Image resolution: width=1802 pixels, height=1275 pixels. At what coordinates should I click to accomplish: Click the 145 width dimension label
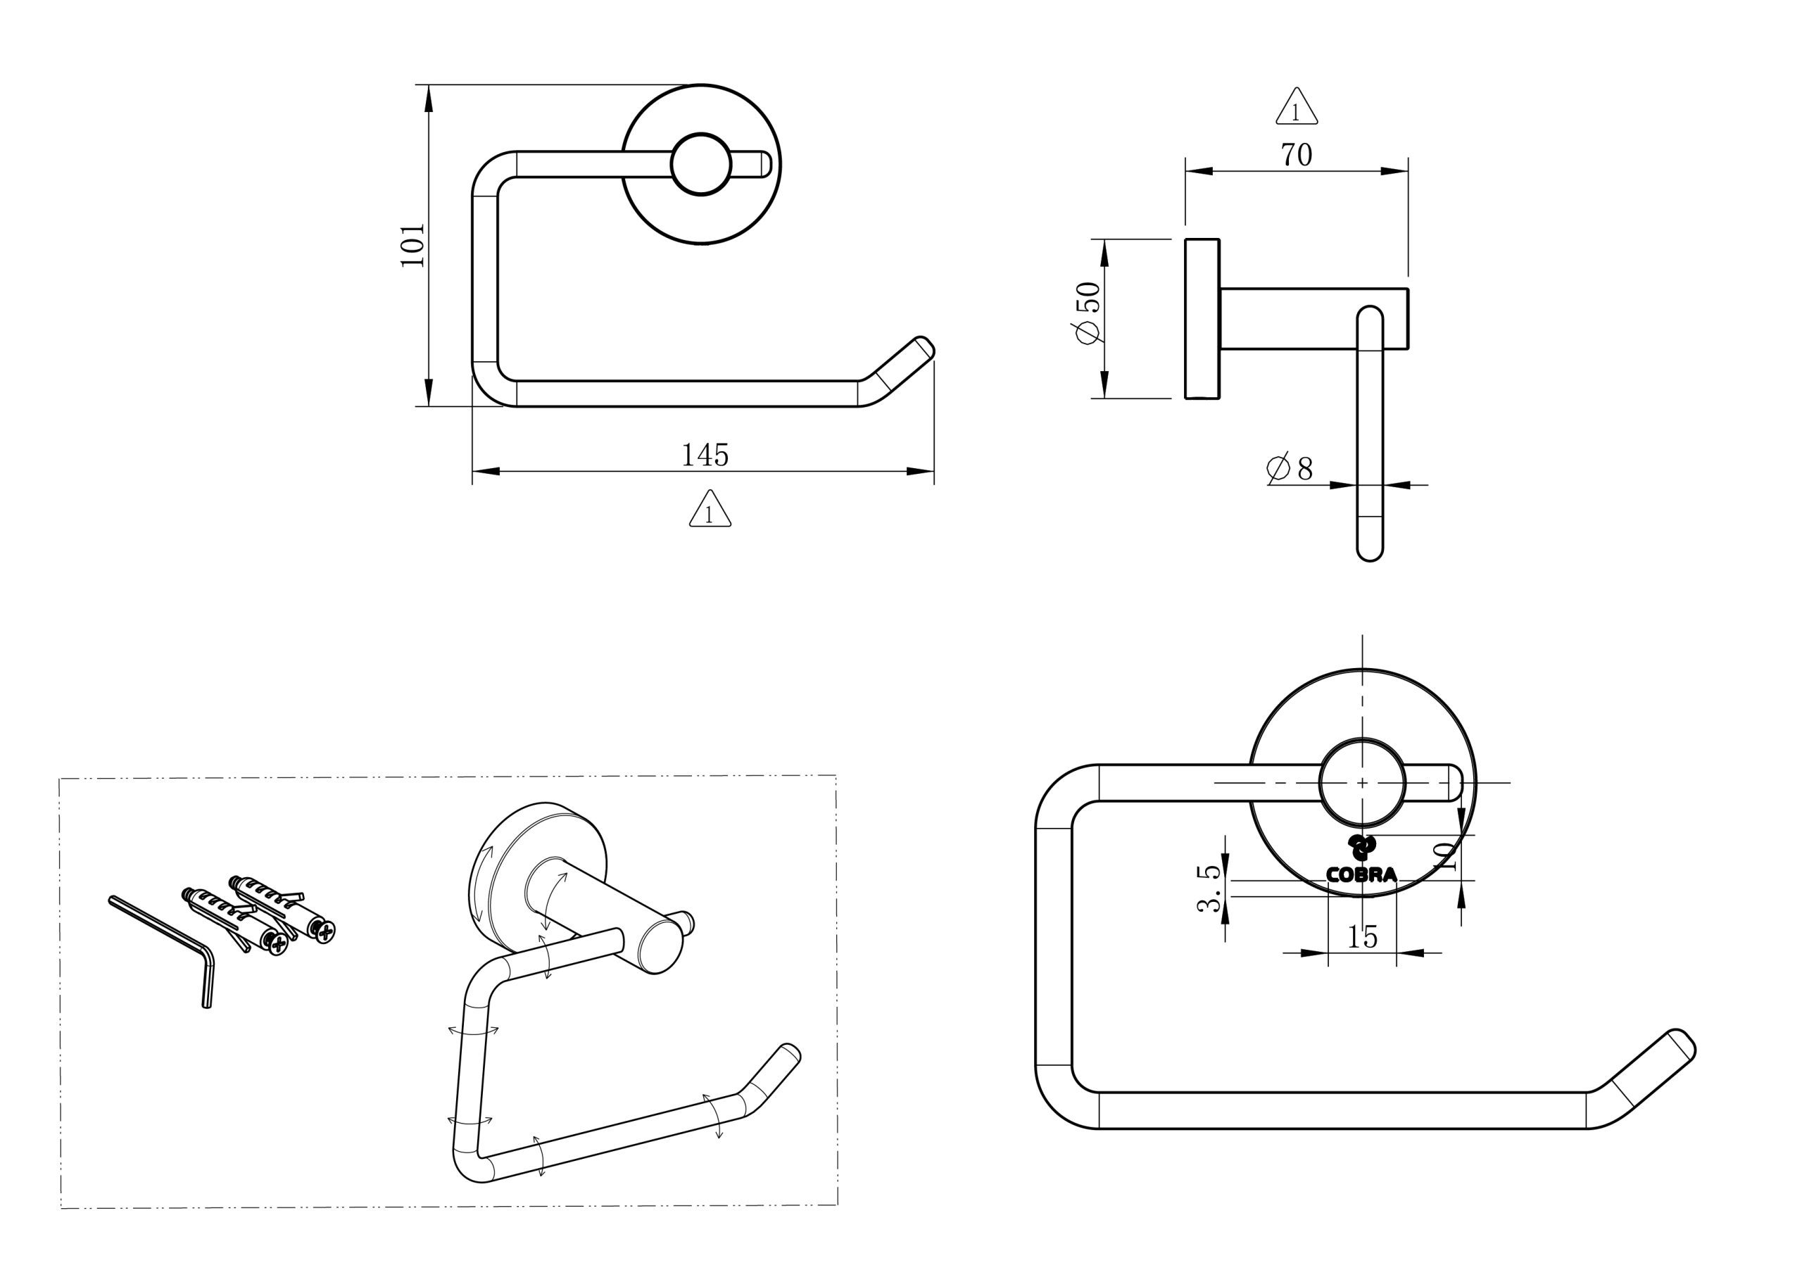[x=705, y=456]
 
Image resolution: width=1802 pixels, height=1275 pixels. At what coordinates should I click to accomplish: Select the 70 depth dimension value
[x=1297, y=156]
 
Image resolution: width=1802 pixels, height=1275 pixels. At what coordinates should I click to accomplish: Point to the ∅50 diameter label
[x=1088, y=312]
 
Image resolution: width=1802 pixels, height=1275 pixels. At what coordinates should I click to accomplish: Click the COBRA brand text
[x=1361, y=874]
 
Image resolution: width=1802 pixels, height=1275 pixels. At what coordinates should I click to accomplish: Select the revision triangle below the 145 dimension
[x=710, y=510]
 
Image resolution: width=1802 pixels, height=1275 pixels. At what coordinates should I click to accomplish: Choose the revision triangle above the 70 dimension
[x=1297, y=108]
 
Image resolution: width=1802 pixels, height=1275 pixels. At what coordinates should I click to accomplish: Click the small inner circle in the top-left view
[x=701, y=164]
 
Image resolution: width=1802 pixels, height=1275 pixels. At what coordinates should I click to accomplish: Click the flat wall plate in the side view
[x=1202, y=319]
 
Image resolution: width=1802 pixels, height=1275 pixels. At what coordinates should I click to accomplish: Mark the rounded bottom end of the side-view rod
[x=1370, y=550]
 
